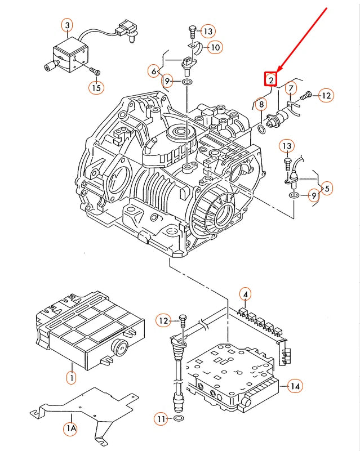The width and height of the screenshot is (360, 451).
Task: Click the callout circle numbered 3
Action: pos(67,25)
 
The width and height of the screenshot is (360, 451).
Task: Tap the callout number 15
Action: pos(96,87)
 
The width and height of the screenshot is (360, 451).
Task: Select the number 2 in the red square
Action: pos(271,79)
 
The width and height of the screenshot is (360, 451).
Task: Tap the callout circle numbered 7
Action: pos(291,88)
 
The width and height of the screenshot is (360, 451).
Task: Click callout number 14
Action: pos(295,386)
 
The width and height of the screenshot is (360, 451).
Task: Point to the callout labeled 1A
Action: pos(70,429)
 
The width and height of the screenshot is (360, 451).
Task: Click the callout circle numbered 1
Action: pos(71,377)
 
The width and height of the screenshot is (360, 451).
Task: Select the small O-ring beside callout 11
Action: pos(179,419)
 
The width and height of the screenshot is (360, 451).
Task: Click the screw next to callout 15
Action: pos(95,72)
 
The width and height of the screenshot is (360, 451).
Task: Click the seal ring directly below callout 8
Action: pos(263,130)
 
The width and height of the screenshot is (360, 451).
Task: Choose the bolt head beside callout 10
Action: pos(192,30)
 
